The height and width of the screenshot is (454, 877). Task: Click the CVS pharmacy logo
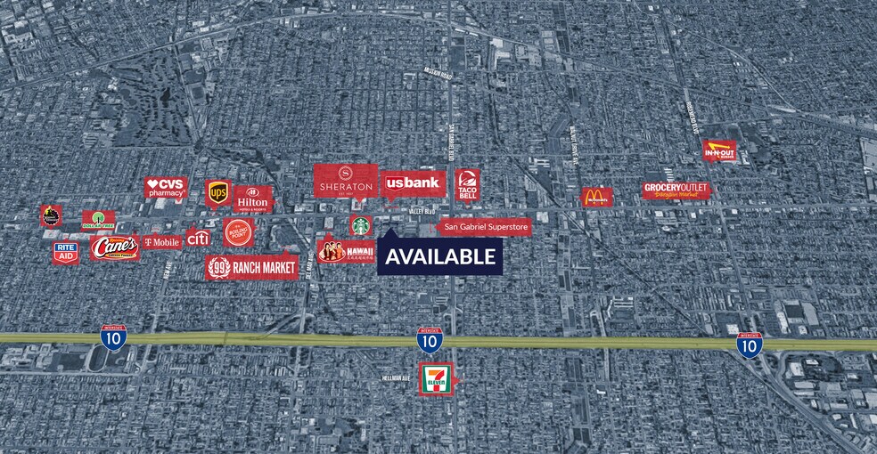[x=166, y=187]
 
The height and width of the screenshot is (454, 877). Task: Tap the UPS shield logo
[x=217, y=191]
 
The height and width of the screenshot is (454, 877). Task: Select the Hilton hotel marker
[x=251, y=198]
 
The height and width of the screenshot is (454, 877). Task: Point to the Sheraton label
[x=346, y=181]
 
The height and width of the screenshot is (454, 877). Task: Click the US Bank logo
[x=412, y=183]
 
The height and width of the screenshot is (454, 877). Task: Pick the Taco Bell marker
[x=467, y=185]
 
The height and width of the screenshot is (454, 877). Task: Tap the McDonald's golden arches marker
[x=596, y=197]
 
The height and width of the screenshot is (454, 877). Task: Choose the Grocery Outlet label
[x=676, y=190]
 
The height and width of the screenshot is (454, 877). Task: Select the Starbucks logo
[x=360, y=225]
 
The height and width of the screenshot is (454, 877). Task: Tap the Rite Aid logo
[x=65, y=253]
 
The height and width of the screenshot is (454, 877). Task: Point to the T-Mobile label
[x=161, y=241]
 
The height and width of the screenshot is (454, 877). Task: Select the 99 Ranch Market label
[x=251, y=266]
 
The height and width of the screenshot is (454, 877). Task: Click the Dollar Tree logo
[x=98, y=219]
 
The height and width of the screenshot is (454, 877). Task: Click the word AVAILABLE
[x=440, y=257]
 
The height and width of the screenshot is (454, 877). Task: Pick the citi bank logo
[x=197, y=238]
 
